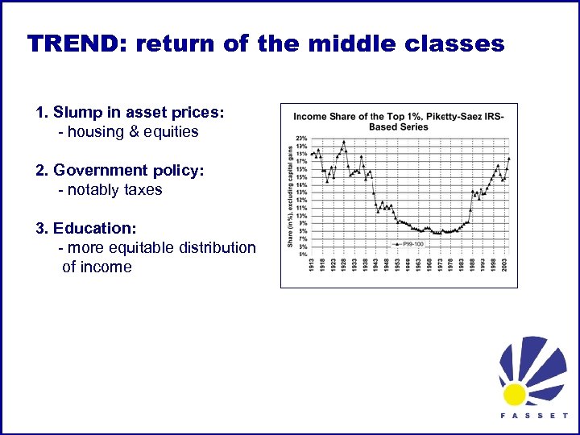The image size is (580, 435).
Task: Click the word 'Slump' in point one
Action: coord(77,112)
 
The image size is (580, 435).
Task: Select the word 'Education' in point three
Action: coord(94,228)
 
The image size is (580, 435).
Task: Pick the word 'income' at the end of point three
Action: coord(107,267)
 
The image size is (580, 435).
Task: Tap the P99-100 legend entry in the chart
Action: coord(406,242)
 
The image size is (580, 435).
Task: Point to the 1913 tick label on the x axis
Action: coord(311,265)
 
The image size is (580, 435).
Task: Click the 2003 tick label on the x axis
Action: coord(503,265)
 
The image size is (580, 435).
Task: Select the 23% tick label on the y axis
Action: coord(301,138)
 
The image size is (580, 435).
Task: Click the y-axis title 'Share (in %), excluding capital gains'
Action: coord(290,197)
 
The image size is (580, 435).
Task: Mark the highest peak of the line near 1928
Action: coord(344,142)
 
